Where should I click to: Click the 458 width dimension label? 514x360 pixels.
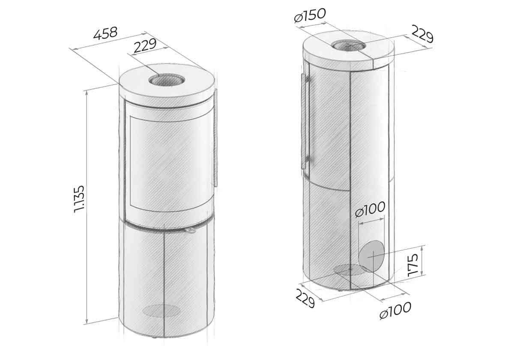pos(105,33)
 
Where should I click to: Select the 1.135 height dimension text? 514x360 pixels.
pos(80,199)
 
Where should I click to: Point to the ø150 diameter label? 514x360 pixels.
pos(310,15)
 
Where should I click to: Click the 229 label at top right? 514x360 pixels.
pos(422,34)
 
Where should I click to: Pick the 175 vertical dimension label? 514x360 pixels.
pos(413,265)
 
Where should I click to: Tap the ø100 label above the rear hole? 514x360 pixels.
pos(370,209)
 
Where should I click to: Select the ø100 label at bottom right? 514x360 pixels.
pos(395,310)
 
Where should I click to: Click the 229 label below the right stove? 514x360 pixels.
pos(305,298)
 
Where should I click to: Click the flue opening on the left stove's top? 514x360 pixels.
pos(167,80)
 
